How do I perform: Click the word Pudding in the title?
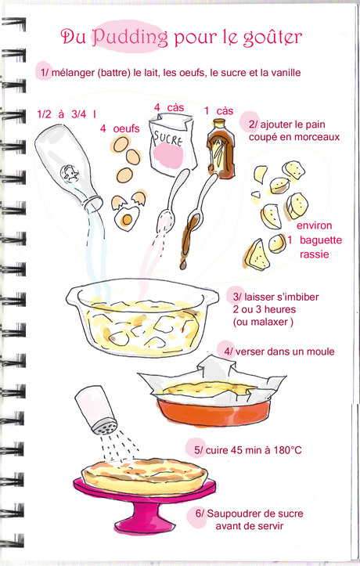(129, 38)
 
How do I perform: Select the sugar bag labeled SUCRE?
(172, 144)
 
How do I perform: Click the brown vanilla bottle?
(220, 148)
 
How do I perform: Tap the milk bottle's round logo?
(70, 174)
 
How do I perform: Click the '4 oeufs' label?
(120, 129)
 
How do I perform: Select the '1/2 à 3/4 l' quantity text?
(67, 114)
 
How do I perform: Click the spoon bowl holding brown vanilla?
(194, 222)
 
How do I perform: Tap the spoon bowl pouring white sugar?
(167, 218)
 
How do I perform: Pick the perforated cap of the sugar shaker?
(104, 426)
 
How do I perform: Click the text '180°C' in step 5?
(287, 450)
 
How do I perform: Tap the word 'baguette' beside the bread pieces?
(321, 240)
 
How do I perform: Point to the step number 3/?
(237, 297)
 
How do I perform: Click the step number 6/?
(200, 514)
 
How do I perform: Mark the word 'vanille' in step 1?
(286, 73)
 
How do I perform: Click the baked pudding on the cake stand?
(144, 474)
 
